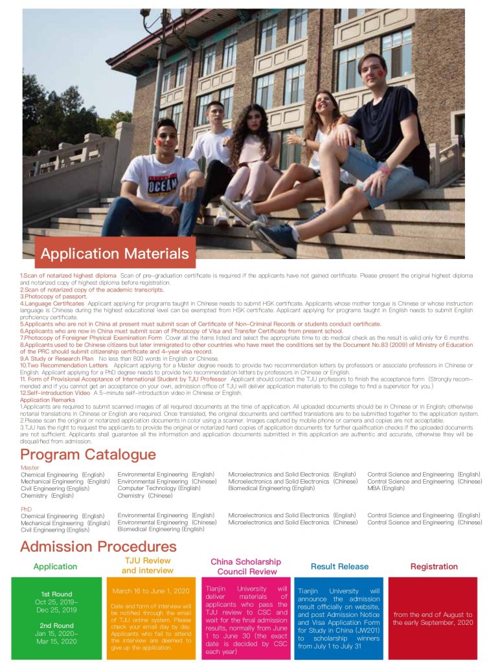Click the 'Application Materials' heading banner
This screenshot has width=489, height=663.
coord(115,253)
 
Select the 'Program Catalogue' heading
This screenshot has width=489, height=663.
coord(87,454)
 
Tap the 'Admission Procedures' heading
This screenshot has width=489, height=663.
coord(98,546)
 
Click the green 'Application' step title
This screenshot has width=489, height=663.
coord(55,567)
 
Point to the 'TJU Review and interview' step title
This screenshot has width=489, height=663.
coord(148,565)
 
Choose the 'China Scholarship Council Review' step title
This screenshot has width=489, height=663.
coord(245,567)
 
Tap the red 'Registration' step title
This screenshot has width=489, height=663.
coord(433,567)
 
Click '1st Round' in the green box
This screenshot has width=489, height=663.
coord(56,594)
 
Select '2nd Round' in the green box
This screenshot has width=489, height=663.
coord(56,625)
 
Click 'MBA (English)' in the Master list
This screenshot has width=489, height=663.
coord(386,488)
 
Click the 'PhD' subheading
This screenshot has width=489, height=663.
coord(26,509)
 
